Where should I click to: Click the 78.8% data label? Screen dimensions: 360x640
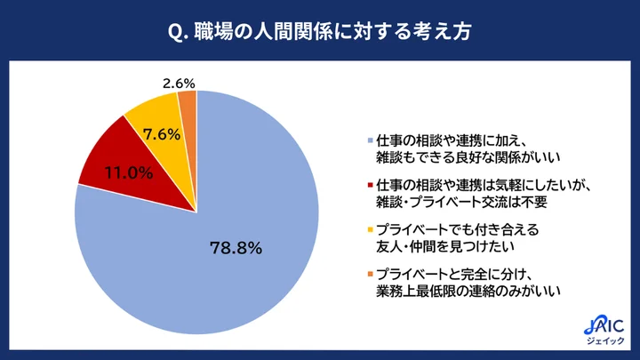coord(235,248)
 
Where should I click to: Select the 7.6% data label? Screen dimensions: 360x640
coord(162,135)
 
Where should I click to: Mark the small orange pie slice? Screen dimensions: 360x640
coord(188,107)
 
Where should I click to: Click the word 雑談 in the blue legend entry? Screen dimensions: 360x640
coord(390,156)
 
